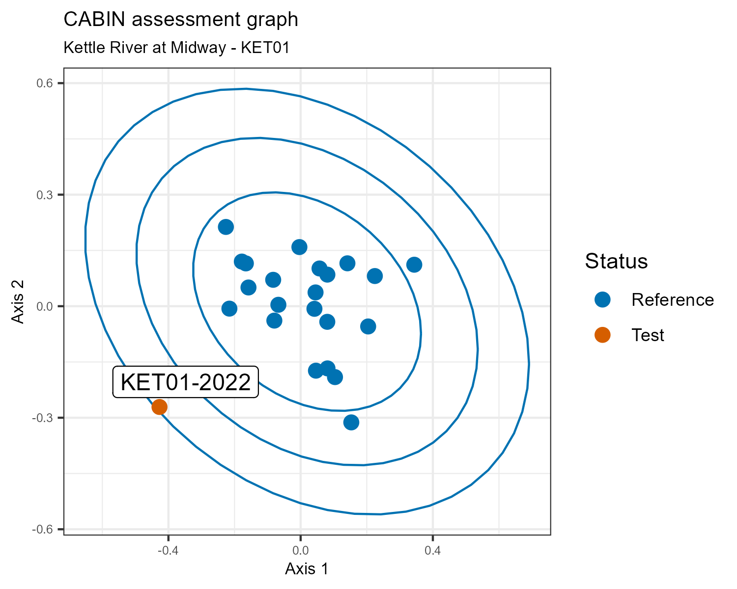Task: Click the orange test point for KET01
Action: [x=159, y=407]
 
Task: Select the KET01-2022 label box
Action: [x=186, y=382]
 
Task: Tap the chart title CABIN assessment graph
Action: [x=181, y=20]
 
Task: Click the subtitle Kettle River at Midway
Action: [x=176, y=48]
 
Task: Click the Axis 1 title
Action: [x=307, y=569]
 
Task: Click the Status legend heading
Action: [x=616, y=261]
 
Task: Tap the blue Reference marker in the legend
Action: [x=602, y=299]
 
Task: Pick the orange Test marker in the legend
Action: [x=602, y=335]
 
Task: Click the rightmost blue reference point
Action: [x=414, y=265]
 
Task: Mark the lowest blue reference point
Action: [x=351, y=422]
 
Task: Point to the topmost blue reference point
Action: [x=226, y=227]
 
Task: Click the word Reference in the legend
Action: [x=673, y=300]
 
